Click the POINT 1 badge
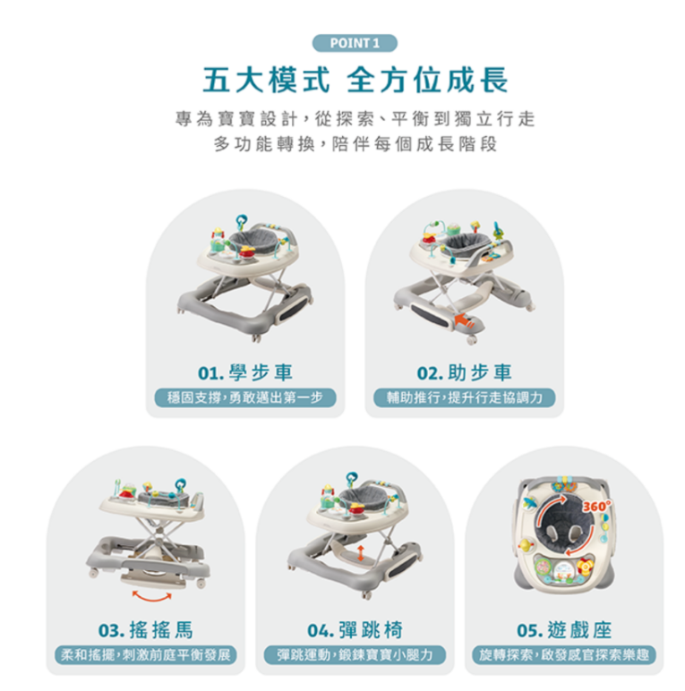click(x=355, y=43)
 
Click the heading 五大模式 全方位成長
click(x=355, y=81)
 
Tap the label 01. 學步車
click(x=245, y=373)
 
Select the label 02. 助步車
click(x=464, y=373)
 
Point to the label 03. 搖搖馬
click(x=145, y=630)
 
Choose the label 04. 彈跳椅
click(x=355, y=630)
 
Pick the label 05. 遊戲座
click(x=564, y=630)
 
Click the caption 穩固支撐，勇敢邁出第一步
click(x=245, y=397)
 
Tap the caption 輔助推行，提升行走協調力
click(x=464, y=397)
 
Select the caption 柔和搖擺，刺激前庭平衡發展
click(x=145, y=655)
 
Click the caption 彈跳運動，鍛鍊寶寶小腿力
click(x=355, y=655)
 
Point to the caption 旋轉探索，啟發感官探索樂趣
click(x=564, y=655)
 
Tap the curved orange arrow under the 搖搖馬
click(x=152, y=598)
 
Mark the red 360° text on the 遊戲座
click(x=597, y=507)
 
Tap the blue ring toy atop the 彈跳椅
click(x=352, y=477)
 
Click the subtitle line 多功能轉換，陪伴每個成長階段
click(x=355, y=144)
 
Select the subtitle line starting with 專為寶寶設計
click(x=355, y=119)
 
